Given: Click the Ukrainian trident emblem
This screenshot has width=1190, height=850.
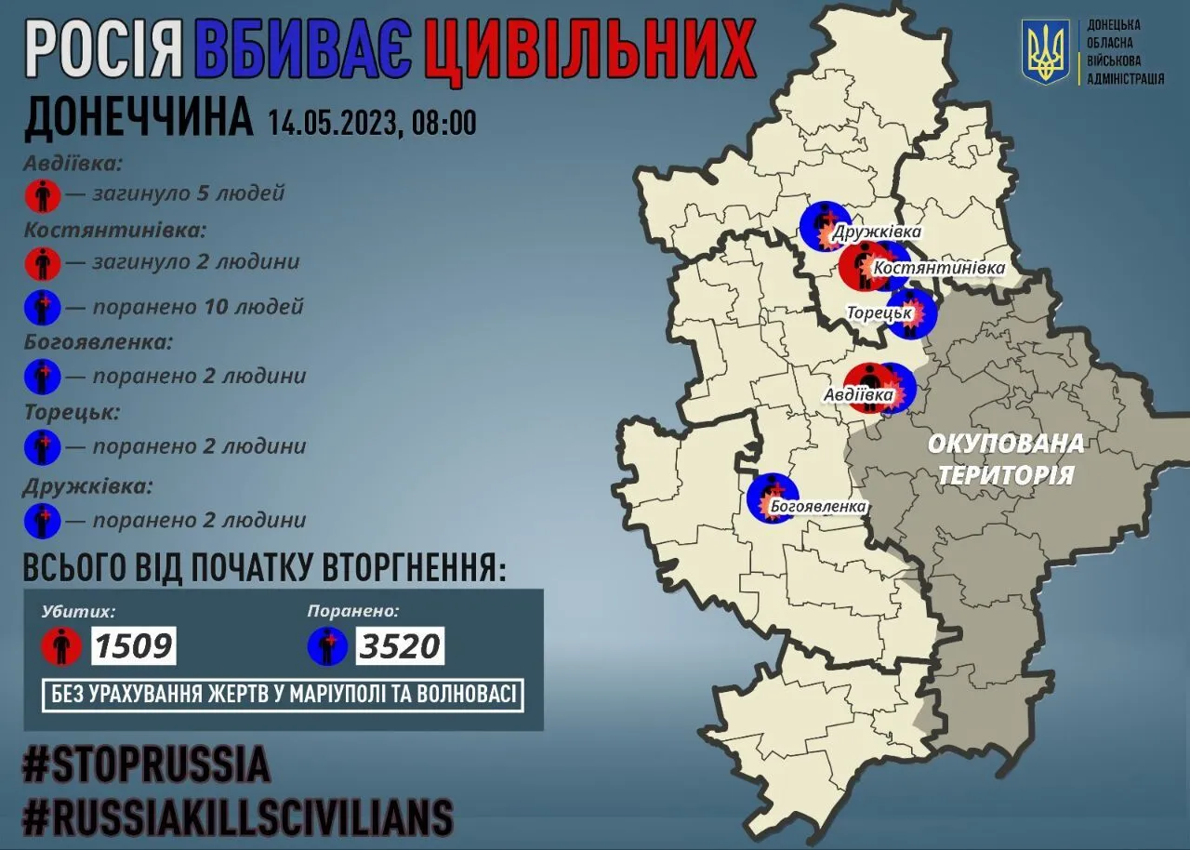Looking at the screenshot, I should coord(1046,52).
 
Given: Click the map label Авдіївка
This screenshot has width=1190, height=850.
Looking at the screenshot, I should coord(858,395).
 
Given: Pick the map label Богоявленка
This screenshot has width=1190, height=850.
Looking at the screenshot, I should coord(818,507).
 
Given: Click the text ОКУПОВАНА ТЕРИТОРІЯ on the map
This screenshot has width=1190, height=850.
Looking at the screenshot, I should coord(1005,459).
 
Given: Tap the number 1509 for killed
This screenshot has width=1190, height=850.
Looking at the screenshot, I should coord(133,644).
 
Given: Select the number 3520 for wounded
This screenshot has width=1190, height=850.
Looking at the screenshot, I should coord(400,644).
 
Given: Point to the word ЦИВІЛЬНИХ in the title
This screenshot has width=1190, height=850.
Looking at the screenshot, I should coord(588,51).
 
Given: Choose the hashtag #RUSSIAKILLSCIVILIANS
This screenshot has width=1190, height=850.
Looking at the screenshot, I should coord(238,817).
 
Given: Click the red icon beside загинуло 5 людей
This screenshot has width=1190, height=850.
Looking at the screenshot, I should coord(43,195).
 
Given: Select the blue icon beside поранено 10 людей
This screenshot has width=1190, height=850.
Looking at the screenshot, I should coord(43,307).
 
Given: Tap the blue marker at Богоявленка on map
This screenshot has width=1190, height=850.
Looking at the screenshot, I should coord(772,498).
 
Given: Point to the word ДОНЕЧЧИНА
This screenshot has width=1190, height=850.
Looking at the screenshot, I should coord(138,119).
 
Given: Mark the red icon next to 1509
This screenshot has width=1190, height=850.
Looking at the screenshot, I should coord(61,644).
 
